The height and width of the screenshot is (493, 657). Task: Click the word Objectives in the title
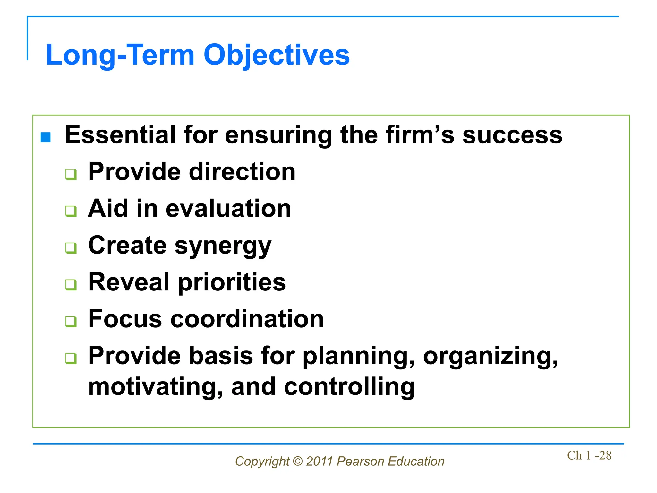point(276,55)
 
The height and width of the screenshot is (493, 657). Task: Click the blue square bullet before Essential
point(46,137)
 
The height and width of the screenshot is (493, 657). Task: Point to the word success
point(512,135)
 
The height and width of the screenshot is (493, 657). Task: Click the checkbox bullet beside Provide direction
point(71,174)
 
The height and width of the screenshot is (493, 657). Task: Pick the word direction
point(242,172)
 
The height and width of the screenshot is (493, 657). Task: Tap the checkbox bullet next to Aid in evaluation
point(71,211)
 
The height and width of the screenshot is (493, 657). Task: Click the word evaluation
point(228,209)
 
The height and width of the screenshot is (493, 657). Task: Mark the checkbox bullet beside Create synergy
point(71,248)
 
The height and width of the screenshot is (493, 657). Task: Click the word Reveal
point(129,282)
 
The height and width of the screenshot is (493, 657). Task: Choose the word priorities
point(232,282)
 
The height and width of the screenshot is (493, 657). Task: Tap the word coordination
point(247,319)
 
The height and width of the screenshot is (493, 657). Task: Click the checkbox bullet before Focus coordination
point(71,321)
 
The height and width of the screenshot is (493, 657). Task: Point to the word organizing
point(491,356)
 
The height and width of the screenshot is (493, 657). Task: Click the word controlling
point(349,386)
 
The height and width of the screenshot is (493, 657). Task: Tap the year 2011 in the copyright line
point(319,461)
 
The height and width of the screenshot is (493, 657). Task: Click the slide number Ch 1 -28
point(589,455)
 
